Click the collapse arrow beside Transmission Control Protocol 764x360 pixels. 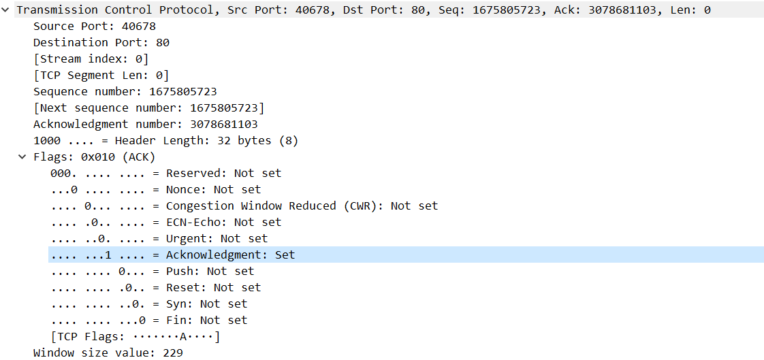coord(6,10)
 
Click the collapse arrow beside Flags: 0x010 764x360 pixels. coord(23,157)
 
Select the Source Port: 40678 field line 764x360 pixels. coord(94,27)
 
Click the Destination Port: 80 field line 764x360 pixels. coord(101,43)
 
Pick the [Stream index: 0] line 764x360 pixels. coord(91,59)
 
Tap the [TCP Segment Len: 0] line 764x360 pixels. coord(101,76)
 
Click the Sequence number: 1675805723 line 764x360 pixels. coord(125,92)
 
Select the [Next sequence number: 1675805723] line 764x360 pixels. coord(148,108)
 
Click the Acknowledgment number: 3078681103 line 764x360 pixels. coord(145,125)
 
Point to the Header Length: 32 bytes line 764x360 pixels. coord(165,141)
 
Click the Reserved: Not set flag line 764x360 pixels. coord(165,174)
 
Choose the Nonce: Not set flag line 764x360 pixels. coord(155,190)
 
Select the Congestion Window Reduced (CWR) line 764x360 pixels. coord(244,206)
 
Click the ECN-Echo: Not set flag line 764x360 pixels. coord(165,223)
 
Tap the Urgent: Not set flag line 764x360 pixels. coord(159,239)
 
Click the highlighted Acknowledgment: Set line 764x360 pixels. coord(172,255)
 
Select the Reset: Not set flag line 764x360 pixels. coord(155,288)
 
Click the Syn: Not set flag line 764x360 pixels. coord(148,304)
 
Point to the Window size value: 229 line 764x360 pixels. coord(108,353)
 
